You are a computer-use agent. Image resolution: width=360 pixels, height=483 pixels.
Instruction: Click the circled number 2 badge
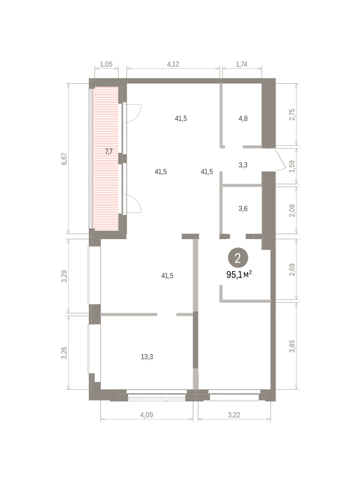click(x=238, y=258)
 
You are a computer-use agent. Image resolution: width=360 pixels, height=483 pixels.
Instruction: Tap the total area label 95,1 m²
click(x=239, y=275)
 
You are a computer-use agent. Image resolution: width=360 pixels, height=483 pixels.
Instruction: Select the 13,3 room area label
click(x=147, y=357)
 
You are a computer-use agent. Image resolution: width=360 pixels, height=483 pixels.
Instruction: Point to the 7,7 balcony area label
click(x=109, y=152)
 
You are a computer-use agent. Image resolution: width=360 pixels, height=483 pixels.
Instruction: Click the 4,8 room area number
click(x=243, y=119)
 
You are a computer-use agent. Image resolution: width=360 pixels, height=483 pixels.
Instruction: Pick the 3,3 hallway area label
click(x=243, y=165)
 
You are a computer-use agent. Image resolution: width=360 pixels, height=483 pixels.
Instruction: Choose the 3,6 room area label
click(x=243, y=208)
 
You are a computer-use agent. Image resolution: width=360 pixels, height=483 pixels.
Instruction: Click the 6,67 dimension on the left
click(x=64, y=159)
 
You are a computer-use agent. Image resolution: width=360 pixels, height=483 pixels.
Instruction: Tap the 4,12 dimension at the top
click(x=173, y=64)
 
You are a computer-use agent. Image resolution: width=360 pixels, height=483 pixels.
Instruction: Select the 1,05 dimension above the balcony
click(x=106, y=64)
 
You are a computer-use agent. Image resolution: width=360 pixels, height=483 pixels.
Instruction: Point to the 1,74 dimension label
click(x=241, y=64)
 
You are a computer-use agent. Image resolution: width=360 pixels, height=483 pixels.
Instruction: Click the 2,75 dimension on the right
click(x=292, y=114)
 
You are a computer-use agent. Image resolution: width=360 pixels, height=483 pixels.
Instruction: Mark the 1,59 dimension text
click(x=292, y=166)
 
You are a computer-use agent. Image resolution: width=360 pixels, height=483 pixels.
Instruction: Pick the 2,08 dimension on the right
click(x=292, y=211)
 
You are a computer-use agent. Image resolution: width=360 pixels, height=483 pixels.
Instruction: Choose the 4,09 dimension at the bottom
click(x=147, y=415)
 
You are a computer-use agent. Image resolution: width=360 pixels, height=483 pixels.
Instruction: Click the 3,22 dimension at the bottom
click(x=234, y=415)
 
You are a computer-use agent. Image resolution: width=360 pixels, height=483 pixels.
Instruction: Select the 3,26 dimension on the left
click(x=64, y=353)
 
